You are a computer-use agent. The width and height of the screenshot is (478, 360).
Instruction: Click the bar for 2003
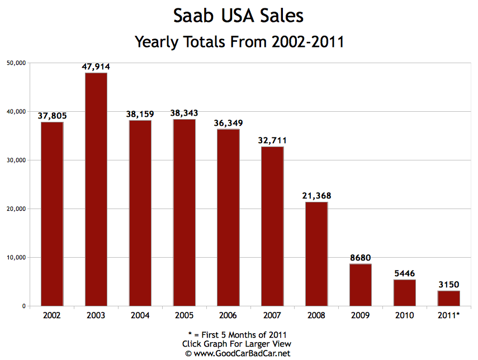pos(96,190)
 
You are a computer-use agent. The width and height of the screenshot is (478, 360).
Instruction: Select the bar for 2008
pos(316,254)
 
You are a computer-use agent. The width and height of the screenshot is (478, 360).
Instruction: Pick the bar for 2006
pos(228,217)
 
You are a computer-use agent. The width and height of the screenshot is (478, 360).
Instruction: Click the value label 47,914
pos(96,67)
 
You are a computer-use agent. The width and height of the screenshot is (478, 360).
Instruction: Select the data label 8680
pos(361,258)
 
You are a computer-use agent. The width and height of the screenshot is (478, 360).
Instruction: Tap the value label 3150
pos(448,285)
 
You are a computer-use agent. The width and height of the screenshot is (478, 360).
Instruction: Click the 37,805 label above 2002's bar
pos(52,116)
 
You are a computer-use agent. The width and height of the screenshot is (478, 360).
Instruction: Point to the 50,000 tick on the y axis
pos(17,63)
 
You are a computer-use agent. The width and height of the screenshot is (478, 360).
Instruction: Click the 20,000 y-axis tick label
pos(17,209)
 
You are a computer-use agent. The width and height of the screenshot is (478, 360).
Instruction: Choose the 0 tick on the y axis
pos(24,306)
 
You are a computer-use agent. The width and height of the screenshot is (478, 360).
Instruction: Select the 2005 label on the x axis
pos(184,316)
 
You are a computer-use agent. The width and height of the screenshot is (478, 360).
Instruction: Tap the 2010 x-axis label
pos(404,316)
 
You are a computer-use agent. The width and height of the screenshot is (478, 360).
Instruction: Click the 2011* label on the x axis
pos(448,316)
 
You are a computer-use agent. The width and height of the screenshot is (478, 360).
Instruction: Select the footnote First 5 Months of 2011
pos(242,335)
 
